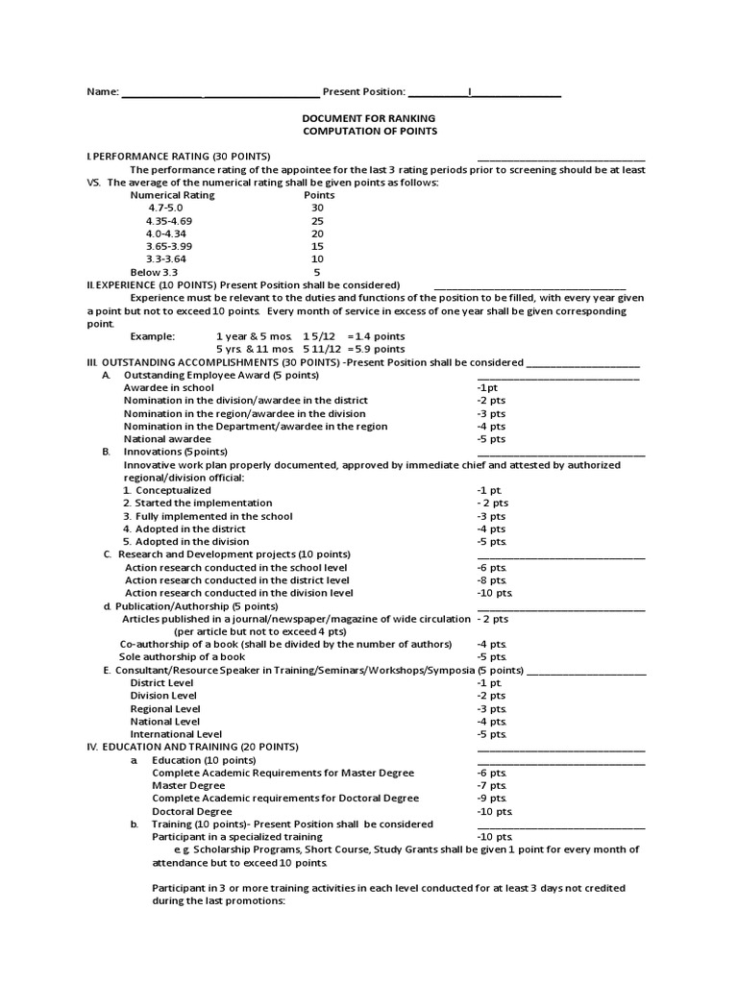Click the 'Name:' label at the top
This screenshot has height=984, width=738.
pyautogui.click(x=102, y=92)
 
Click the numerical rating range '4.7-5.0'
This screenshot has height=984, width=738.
pyautogui.click(x=164, y=208)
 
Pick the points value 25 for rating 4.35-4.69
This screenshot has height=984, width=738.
pyautogui.click(x=318, y=220)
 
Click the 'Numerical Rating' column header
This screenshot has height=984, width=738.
pyautogui.click(x=172, y=195)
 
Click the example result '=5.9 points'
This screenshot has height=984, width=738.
pyautogui.click(x=377, y=349)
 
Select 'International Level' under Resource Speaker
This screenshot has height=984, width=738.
pyautogui.click(x=177, y=734)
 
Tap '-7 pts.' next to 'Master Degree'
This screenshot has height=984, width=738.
pyautogui.click(x=491, y=785)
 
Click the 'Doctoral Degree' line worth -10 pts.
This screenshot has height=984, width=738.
pyautogui.click(x=192, y=811)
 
